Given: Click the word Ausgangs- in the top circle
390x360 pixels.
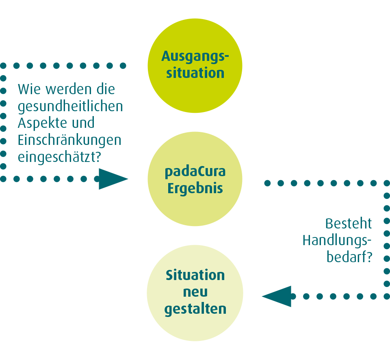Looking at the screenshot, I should (195, 56).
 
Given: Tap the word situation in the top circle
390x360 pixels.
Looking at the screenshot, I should (195, 73).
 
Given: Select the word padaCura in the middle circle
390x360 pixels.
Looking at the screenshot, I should (195, 172).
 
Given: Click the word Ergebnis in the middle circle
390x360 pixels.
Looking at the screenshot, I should (195, 189).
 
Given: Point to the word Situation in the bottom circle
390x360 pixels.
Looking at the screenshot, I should (195, 275).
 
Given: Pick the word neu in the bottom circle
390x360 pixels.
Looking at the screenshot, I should (195, 292).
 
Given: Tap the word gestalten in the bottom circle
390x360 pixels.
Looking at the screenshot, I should (195, 309).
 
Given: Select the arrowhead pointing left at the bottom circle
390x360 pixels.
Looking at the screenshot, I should (277, 296).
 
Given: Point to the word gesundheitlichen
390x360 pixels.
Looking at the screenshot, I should (70, 106).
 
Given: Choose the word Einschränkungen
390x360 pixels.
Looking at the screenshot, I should (69, 140).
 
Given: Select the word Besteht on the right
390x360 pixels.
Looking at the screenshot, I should (349, 223).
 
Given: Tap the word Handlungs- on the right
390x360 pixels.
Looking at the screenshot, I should (337, 240).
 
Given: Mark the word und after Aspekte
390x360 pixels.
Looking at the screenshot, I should (82, 123).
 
